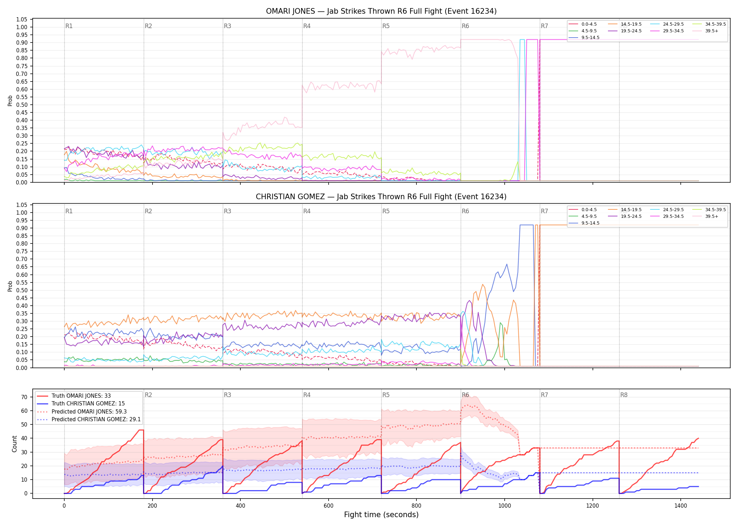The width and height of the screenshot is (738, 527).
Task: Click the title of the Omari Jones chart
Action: pos(381,11)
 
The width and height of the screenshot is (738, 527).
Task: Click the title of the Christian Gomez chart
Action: pos(381,197)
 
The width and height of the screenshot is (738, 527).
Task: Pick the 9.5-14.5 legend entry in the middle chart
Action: pos(584,223)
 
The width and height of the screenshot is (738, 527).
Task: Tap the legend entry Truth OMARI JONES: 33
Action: pos(74,396)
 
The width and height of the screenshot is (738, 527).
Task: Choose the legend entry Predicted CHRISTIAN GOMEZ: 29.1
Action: pos(89,419)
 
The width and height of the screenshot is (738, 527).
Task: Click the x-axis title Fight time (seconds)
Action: pos(381,515)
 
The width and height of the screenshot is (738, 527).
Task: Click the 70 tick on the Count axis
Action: pos(24,397)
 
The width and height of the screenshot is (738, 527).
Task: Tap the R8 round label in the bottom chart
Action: pos(624,395)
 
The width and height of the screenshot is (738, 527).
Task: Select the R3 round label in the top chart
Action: pos(227,26)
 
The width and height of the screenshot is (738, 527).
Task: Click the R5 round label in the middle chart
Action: pos(386,211)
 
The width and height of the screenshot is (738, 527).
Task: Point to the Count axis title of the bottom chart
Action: pos(14,444)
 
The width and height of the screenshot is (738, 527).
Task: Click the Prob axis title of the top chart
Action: pos(10,101)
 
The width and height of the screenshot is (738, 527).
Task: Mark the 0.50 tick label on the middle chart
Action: pos(21,290)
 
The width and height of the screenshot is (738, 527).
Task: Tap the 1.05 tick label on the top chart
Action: pos(21,19)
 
